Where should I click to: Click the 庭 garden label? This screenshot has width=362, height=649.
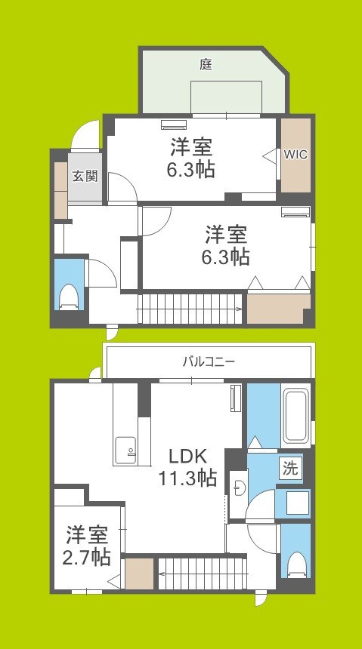pyautogui.click(x=206, y=65)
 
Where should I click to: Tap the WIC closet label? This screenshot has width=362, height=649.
pyautogui.click(x=295, y=155)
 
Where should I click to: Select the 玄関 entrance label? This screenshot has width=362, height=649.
pyautogui.click(x=85, y=177)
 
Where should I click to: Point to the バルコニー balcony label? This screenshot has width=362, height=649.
pyautogui.click(x=208, y=361)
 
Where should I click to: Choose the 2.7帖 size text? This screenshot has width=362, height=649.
pyautogui.click(x=87, y=557)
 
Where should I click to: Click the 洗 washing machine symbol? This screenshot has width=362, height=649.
pyautogui.click(x=290, y=468)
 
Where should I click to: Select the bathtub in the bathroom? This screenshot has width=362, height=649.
pyautogui.click(x=294, y=417)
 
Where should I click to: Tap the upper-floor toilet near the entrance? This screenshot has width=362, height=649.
pyautogui.click(x=69, y=295)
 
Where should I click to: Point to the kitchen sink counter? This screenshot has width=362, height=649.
pyautogui.click(x=124, y=451)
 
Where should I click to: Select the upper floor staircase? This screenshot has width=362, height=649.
pyautogui.click(x=189, y=309)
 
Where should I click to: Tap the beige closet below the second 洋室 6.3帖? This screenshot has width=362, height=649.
pyautogui.click(x=278, y=309)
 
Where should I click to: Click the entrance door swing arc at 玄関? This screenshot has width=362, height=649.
pyautogui.click(x=85, y=136)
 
